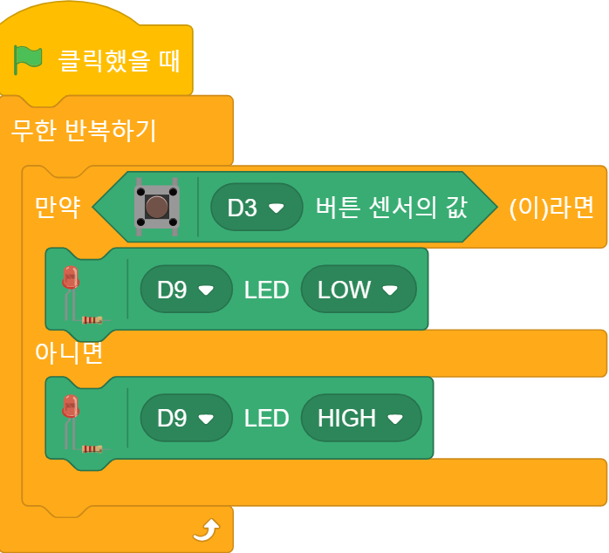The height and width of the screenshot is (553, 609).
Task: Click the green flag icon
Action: click(28, 60)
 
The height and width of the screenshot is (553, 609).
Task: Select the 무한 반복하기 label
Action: click(84, 131)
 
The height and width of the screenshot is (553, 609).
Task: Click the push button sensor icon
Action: click(156, 208)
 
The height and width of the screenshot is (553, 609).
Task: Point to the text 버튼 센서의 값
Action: click(392, 208)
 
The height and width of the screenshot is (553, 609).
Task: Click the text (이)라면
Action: click(551, 208)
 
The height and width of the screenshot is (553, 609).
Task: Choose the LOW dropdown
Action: click(359, 290)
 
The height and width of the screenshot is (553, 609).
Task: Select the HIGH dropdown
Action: click(361, 419)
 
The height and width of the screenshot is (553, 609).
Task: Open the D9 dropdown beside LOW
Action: click(186, 290)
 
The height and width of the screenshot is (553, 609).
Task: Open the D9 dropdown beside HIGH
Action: click(186, 419)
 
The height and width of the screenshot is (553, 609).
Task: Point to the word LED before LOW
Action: click(266, 290)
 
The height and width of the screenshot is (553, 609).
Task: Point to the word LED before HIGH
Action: click(266, 419)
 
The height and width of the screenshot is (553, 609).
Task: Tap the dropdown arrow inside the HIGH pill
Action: click(395, 420)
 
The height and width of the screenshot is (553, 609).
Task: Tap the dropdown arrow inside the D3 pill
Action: click(277, 208)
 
